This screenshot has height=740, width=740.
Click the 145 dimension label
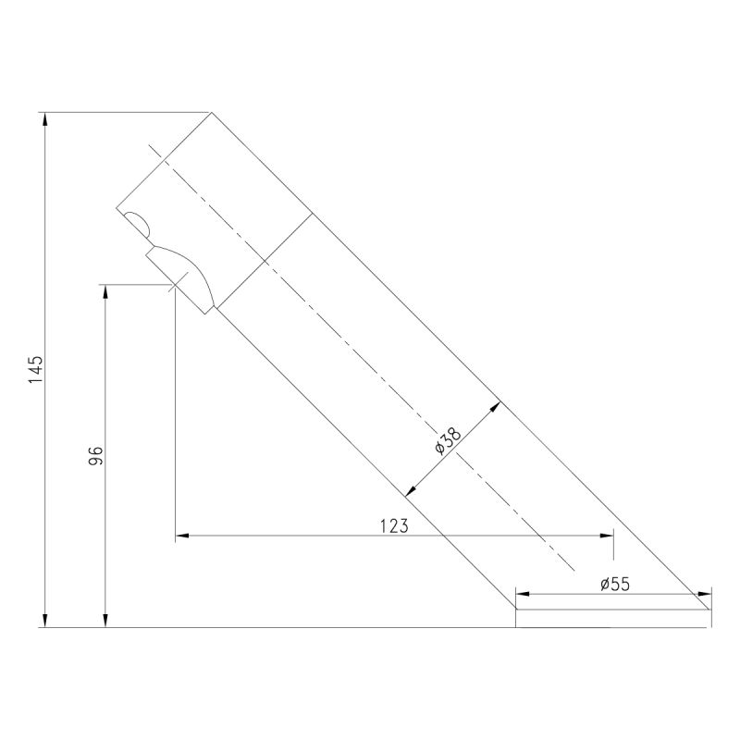click(36, 369)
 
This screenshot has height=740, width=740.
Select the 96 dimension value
click(96, 455)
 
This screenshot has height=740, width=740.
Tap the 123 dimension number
click(394, 525)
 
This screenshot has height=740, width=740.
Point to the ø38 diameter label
click(448, 441)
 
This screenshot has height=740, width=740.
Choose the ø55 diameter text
click(615, 585)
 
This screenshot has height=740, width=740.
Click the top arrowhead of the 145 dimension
click(45, 119)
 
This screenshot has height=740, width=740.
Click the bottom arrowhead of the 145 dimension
click(45, 621)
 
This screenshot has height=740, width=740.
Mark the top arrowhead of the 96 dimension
click(105, 291)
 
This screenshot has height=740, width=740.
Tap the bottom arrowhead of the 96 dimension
click(105, 621)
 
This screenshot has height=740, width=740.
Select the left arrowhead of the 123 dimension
click(182, 536)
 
